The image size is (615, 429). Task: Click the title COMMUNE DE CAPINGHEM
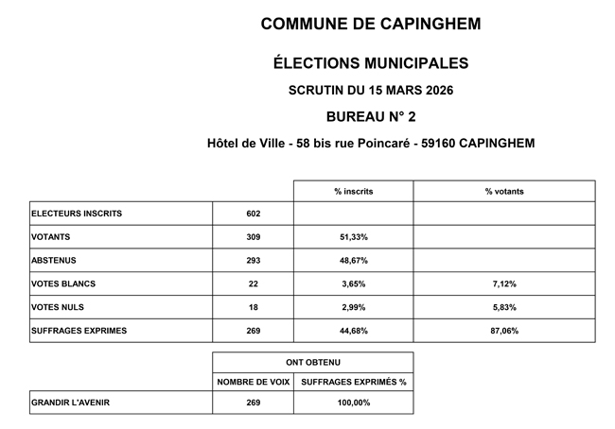tap(370, 23)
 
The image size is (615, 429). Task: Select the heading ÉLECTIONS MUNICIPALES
tap(370, 64)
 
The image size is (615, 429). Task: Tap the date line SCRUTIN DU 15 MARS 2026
tap(370, 91)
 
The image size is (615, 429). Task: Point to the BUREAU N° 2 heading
tap(370, 116)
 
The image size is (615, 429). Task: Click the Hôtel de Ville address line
tap(370, 144)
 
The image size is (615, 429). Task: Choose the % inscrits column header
tap(353, 191)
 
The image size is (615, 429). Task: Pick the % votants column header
tap(503, 191)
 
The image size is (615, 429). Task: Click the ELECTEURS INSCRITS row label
tap(77, 214)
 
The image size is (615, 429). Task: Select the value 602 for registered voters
tap(253, 214)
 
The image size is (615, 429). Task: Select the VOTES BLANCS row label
tap(64, 283)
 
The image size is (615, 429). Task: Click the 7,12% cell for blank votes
tap(503, 283)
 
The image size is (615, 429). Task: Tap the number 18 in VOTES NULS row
tap(253, 307)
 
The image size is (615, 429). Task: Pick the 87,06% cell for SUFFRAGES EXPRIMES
tap(503, 331)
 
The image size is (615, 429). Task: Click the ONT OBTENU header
tap(312, 362)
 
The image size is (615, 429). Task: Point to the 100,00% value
tap(353, 403)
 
